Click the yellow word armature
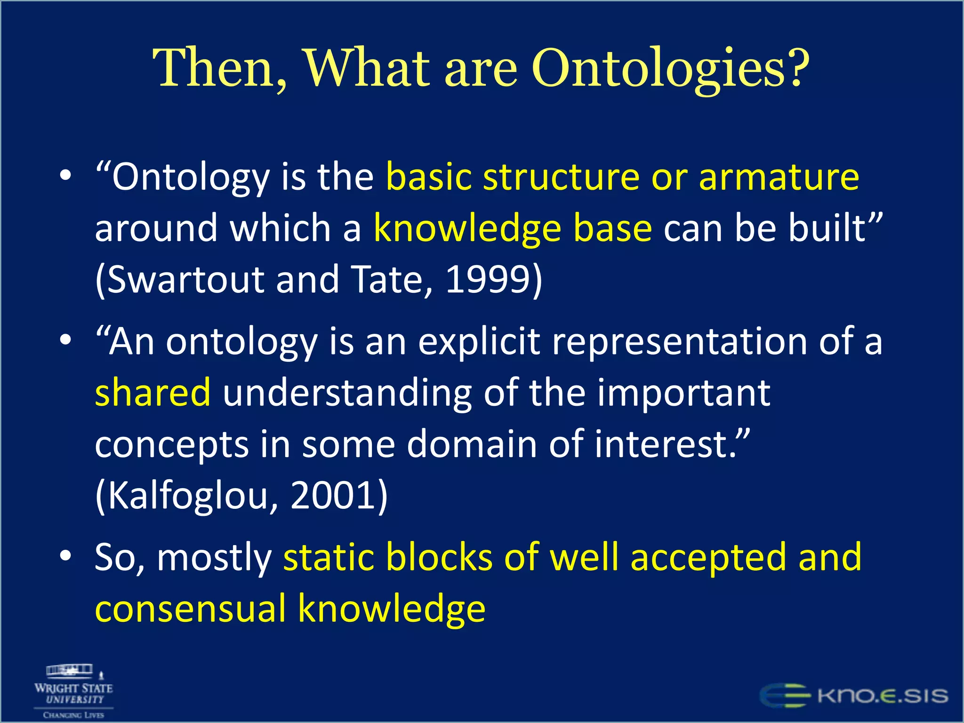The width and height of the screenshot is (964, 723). [x=779, y=177]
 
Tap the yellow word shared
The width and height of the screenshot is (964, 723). [x=153, y=393]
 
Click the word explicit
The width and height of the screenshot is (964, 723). [x=479, y=342]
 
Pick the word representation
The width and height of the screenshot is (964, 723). [x=679, y=342]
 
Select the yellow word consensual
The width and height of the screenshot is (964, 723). [x=191, y=609]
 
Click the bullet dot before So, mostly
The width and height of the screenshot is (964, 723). [x=66, y=556]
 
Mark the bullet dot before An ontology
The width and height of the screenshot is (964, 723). [x=66, y=339]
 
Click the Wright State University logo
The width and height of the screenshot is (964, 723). [x=73, y=691]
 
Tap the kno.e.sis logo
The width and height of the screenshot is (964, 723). [x=854, y=696]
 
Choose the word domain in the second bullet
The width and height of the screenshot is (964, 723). [x=472, y=444]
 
